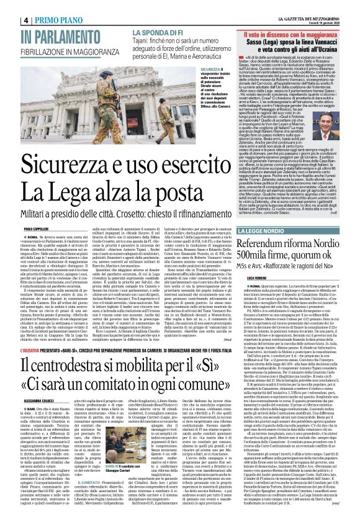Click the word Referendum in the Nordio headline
pos(269,243)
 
